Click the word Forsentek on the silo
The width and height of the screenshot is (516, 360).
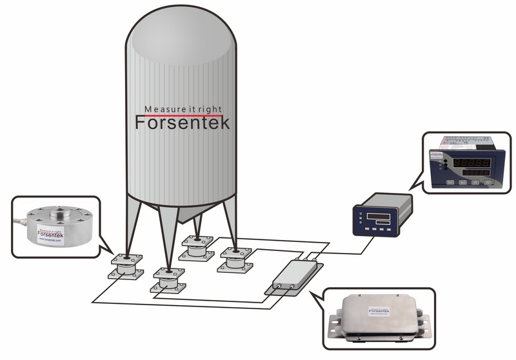click(182, 123)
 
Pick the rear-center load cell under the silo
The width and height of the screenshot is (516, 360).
click(197, 246)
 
